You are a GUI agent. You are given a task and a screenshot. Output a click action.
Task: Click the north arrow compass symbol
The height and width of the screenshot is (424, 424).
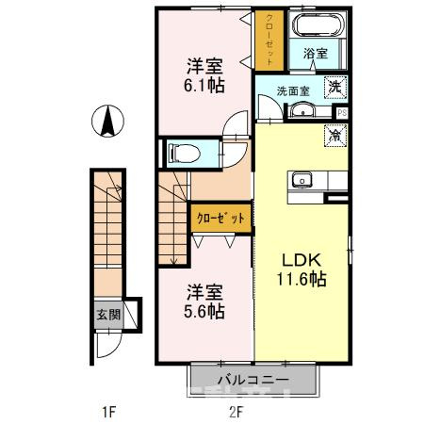[x=107, y=121]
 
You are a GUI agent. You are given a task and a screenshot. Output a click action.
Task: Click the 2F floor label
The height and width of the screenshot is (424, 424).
[x=236, y=410]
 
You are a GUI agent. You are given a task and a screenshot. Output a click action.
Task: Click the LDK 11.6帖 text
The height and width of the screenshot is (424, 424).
[x=301, y=269]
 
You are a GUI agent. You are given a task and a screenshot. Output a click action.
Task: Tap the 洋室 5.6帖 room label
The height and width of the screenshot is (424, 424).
[x=204, y=302]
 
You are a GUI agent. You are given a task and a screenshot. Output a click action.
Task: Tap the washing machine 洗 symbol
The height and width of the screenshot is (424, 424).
[x=334, y=88]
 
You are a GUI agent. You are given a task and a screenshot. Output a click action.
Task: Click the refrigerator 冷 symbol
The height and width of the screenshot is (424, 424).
[x=334, y=135]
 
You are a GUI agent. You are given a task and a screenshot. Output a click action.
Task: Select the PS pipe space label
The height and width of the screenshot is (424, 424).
[x=341, y=112]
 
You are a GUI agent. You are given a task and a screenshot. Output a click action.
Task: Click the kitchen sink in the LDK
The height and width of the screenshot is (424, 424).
[x=305, y=179]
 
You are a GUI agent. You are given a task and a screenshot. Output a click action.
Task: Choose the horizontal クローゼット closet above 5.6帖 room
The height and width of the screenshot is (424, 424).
[x=220, y=218]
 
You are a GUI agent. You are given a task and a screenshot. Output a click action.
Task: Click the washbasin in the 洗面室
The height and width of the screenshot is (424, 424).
[x=302, y=112]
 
